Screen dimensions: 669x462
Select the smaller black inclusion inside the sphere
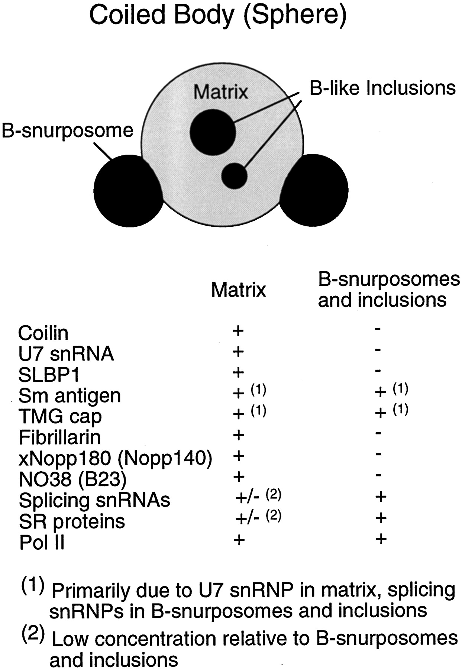(234, 176)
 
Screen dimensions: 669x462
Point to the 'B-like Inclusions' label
(382, 88)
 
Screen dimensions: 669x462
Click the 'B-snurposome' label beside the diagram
(68, 131)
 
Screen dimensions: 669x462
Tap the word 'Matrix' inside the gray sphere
(220, 91)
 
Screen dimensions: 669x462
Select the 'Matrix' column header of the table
(239, 290)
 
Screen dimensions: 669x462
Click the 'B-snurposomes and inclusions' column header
(388, 290)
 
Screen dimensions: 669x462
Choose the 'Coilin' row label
(43, 333)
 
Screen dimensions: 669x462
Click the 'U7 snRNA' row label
(66, 353)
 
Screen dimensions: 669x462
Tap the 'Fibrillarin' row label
(59, 437)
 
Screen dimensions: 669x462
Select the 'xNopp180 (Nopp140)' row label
(115, 459)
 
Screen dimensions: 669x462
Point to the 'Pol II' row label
(42, 543)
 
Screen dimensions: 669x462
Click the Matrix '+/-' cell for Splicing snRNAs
(247, 498)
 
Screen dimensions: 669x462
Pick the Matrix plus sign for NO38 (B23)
(238, 476)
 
